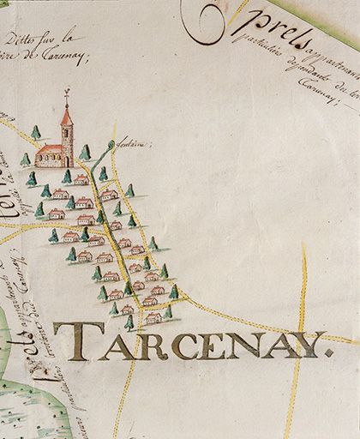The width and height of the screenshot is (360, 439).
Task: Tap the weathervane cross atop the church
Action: [67, 93]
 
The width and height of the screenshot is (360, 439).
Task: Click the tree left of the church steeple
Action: [36, 132]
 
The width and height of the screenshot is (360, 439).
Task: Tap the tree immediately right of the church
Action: [85, 152]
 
